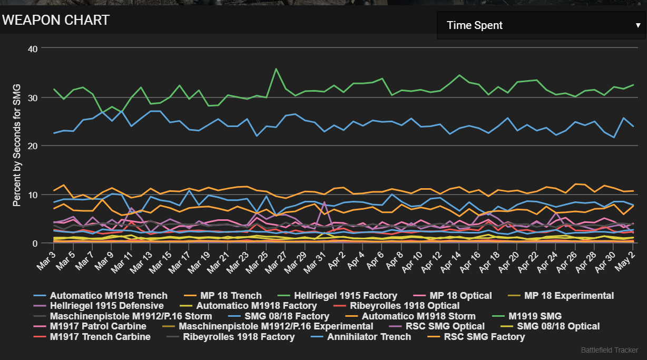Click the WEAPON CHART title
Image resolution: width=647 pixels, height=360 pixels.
[x=55, y=21]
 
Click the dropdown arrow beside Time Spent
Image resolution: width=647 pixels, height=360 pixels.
[x=638, y=25]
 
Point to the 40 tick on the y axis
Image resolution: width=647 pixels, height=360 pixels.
[x=33, y=49]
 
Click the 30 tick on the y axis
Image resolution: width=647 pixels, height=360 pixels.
[x=33, y=98]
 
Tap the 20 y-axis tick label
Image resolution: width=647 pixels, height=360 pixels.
[x=33, y=146]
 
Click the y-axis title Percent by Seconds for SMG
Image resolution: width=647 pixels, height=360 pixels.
[x=17, y=144]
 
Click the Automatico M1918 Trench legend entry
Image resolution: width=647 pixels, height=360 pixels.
[x=109, y=296]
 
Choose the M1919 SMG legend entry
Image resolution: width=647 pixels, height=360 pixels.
[x=535, y=316]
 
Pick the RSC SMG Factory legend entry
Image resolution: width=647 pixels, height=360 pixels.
[x=484, y=337]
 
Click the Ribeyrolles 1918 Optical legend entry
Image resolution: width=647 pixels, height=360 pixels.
[x=405, y=306]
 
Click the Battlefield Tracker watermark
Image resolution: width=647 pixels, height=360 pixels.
[x=610, y=350]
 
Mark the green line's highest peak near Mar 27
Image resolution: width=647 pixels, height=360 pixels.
[x=276, y=69]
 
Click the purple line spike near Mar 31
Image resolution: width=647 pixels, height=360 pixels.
[x=325, y=202]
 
